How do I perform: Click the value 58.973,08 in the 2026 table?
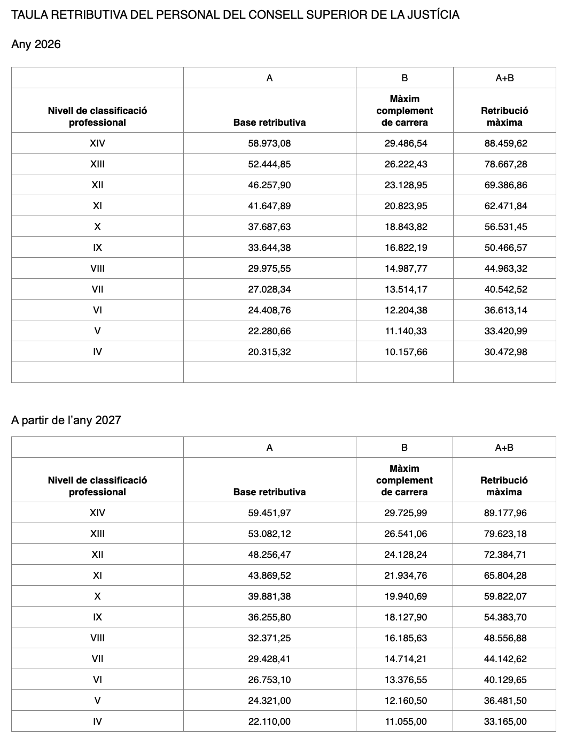(x=269, y=143)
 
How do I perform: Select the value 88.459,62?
(x=505, y=143)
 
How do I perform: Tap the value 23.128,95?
(x=406, y=185)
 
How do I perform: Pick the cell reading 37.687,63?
(x=269, y=227)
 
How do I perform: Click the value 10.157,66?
(x=406, y=352)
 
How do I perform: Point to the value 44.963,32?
(x=505, y=269)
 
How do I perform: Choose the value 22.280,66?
(x=269, y=331)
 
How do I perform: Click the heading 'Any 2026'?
(x=36, y=44)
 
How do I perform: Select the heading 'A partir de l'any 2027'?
(x=66, y=420)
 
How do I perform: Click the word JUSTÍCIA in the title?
(x=433, y=15)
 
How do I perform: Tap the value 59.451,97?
(x=269, y=513)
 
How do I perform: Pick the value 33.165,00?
(x=505, y=722)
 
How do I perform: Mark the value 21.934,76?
(x=406, y=576)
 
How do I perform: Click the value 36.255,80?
(x=269, y=617)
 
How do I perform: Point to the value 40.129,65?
(x=505, y=680)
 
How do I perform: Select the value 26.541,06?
(x=406, y=534)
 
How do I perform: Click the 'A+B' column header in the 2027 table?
(x=504, y=448)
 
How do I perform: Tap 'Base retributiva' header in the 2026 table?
(x=269, y=122)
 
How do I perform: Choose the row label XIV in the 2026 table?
(x=97, y=143)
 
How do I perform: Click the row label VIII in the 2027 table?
(x=97, y=638)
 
